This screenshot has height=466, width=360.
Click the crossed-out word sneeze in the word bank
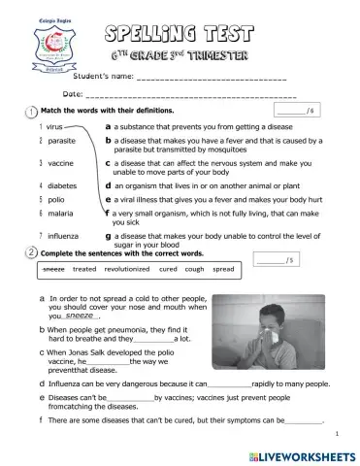pyautogui.click(x=54, y=269)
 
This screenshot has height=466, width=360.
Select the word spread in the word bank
pyautogui.click(x=223, y=269)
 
